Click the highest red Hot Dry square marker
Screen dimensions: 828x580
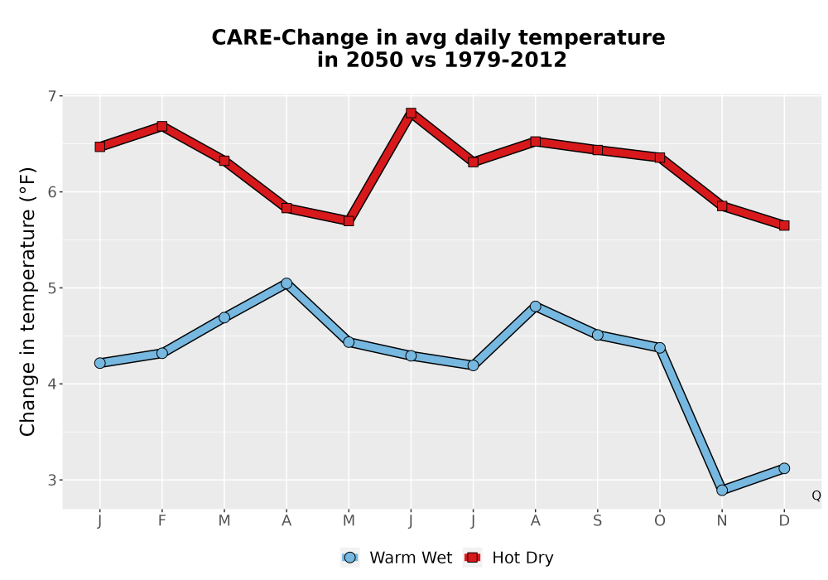[x=411, y=113]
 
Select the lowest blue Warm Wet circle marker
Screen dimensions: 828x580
[x=722, y=491]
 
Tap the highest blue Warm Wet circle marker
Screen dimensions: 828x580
[x=286, y=283]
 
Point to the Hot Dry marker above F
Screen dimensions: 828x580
[x=162, y=126]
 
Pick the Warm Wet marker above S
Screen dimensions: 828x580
[x=597, y=335]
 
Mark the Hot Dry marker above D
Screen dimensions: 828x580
[x=784, y=225]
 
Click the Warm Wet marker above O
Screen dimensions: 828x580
[x=660, y=347]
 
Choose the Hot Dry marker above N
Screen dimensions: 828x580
[x=722, y=206]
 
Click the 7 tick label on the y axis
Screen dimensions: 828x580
[x=51, y=96]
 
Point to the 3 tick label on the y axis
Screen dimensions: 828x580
[x=51, y=481]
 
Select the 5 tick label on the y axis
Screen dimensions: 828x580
[x=51, y=288]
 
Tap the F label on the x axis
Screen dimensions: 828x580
[x=162, y=521]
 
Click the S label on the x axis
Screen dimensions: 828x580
[x=597, y=521]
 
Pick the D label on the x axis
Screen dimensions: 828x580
[x=784, y=521]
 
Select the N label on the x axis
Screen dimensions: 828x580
[x=722, y=521]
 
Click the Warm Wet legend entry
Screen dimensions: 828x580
[x=397, y=558]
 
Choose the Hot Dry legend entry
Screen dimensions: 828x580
[x=508, y=558]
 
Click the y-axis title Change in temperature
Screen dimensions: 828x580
[x=27, y=302]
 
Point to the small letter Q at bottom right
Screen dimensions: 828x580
[x=816, y=495]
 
